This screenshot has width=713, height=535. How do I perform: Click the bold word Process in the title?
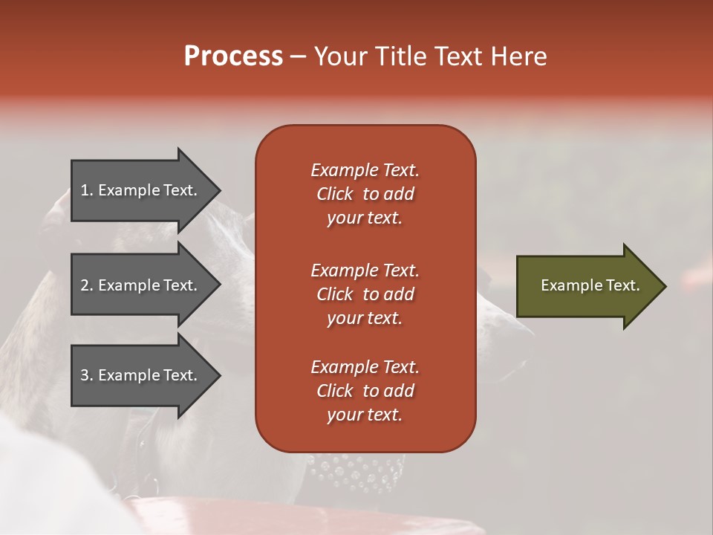tap(233, 56)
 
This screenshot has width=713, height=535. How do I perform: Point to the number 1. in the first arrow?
tap(87, 190)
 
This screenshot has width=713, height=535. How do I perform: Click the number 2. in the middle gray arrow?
tap(87, 285)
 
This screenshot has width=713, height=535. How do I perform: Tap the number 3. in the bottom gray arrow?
tap(87, 375)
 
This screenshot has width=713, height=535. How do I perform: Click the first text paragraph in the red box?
tap(365, 194)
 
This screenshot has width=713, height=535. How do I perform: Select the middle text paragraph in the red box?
tap(365, 294)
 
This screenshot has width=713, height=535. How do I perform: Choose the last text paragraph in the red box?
tap(365, 391)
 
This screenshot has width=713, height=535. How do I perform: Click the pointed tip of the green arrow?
tap(662, 286)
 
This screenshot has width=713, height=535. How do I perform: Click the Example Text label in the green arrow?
tap(590, 285)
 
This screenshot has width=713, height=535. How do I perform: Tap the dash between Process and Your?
tap(299, 57)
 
